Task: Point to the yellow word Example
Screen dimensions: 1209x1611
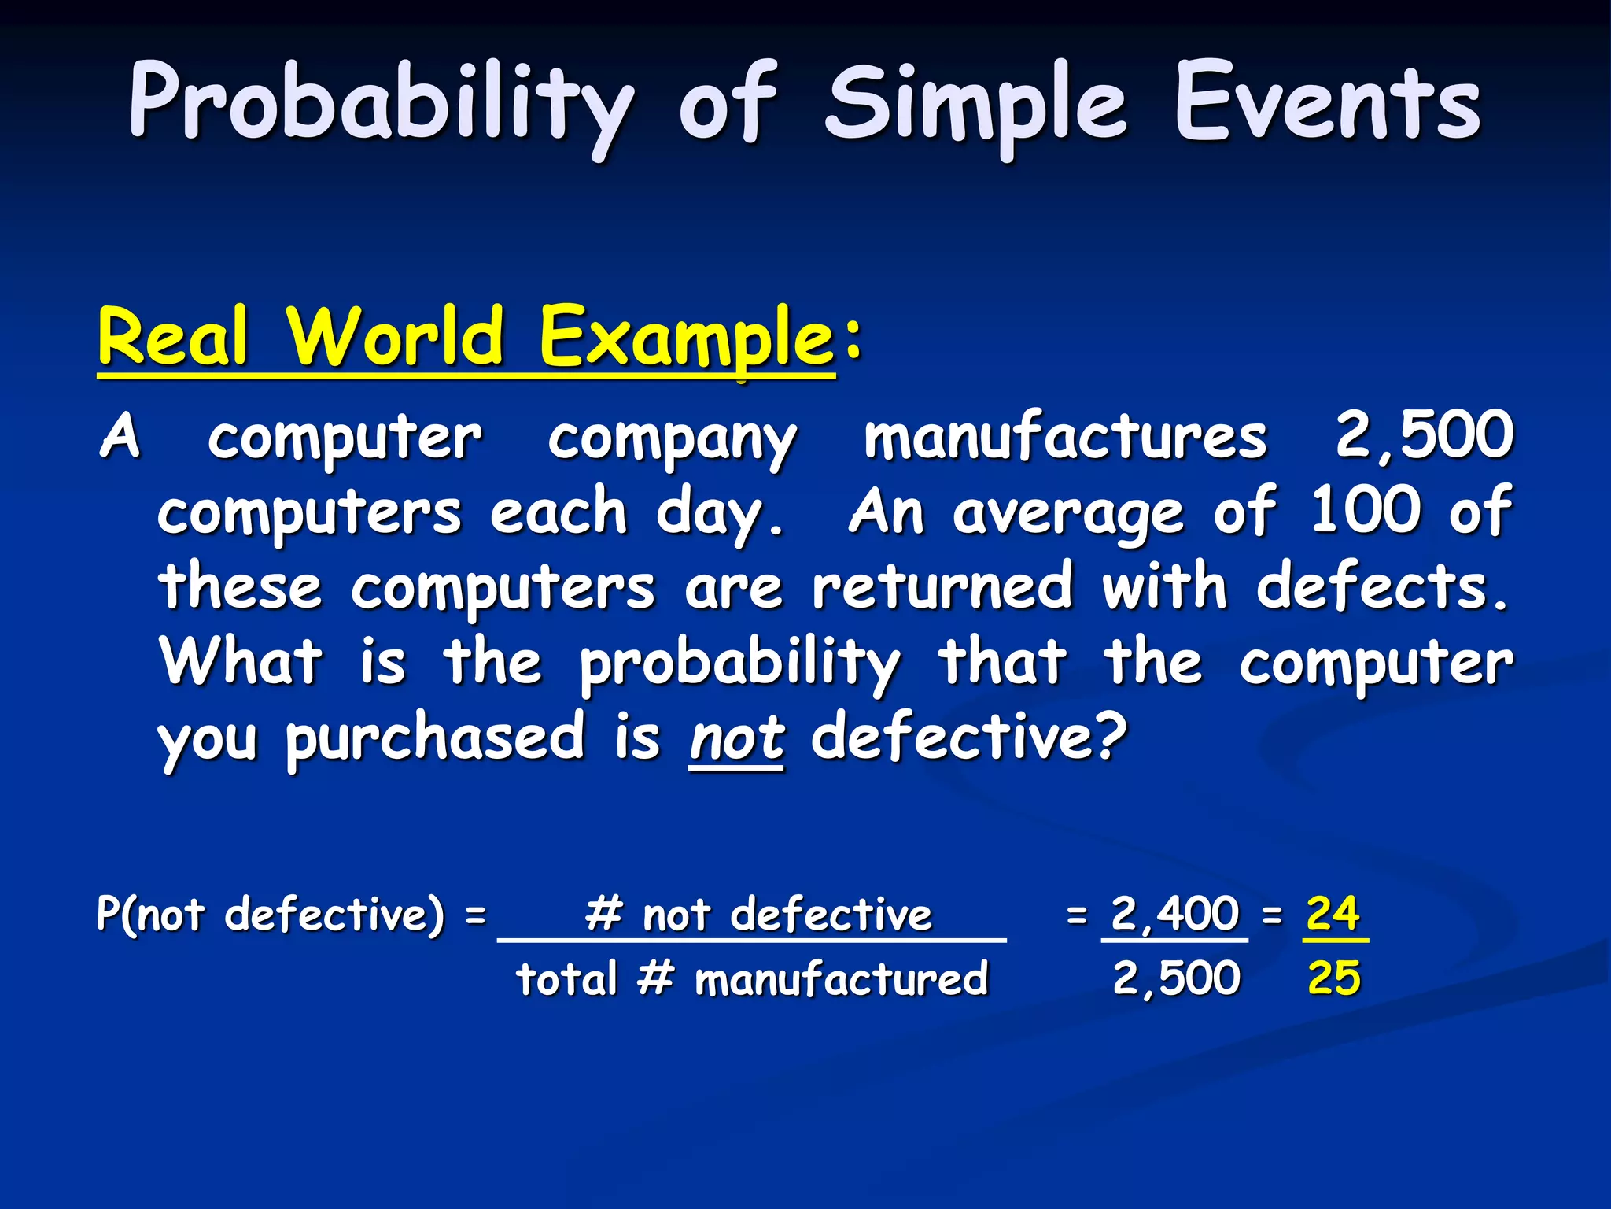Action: coord(685,338)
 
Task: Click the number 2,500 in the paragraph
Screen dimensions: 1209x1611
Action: coord(1425,434)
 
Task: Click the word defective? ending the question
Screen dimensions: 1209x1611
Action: coord(969,737)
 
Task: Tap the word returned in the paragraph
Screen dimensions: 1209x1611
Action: coord(942,587)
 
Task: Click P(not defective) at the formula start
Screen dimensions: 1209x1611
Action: coord(271,915)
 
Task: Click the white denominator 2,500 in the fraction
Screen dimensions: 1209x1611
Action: coord(1176,978)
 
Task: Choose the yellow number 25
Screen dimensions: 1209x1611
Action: coord(1333,978)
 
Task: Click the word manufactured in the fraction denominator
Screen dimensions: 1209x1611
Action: coord(840,979)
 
